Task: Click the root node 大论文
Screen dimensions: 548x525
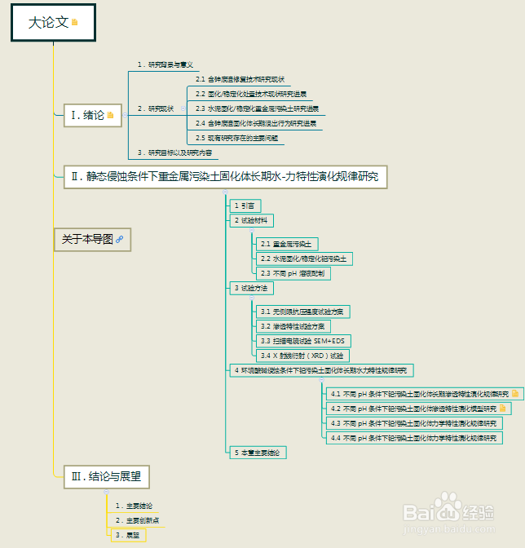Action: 49,23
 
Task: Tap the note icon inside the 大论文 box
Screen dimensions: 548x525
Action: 75,23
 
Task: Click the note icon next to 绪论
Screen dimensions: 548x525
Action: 110,116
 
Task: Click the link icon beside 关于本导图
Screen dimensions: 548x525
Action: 119,239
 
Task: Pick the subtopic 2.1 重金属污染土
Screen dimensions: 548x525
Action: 285,244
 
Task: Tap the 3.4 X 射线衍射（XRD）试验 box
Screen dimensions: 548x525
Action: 302,356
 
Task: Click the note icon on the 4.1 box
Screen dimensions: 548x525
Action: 514,394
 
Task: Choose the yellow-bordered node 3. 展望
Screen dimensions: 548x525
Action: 127,535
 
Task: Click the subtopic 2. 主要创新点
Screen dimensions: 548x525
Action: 136,520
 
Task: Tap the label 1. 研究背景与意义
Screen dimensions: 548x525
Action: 165,64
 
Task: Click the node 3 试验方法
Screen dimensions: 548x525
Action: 250,288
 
